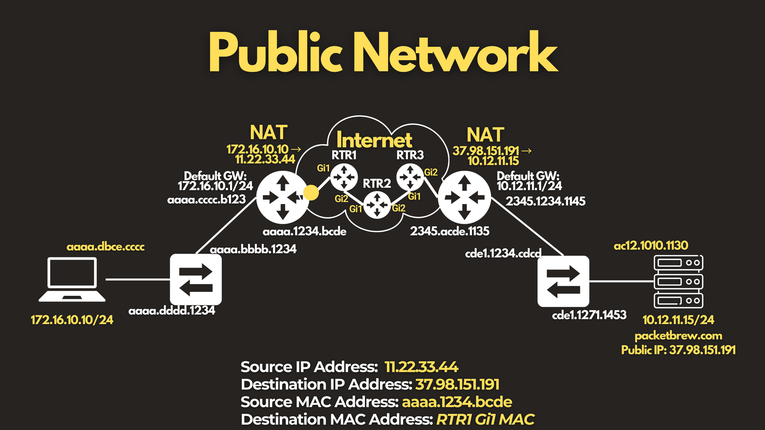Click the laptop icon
click(72, 279)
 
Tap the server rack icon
click(678, 281)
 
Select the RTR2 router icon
click(377, 205)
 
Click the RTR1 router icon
click(344, 177)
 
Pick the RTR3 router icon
click(410, 177)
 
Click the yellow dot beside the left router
click(311, 193)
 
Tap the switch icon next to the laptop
click(196, 279)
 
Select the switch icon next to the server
click(563, 281)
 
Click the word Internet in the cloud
click(374, 140)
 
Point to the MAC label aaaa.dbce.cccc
click(106, 247)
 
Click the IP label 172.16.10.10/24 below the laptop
click(72, 320)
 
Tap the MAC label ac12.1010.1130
click(651, 245)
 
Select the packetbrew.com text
click(678, 336)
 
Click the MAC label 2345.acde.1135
click(450, 231)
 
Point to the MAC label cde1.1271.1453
click(589, 315)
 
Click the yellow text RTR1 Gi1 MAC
click(485, 419)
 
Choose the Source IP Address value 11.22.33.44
click(421, 367)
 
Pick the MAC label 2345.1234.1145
click(546, 201)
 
